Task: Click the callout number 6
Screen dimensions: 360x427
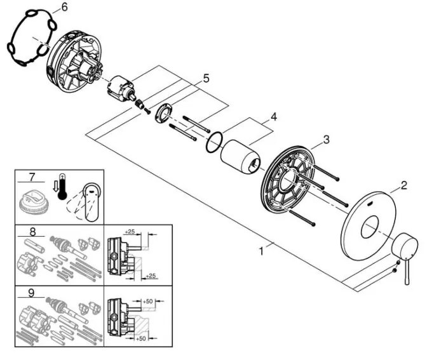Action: [63, 8]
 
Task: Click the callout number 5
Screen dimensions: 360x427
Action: [205, 79]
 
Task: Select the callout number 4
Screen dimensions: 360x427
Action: [273, 117]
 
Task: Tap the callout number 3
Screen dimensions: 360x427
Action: [325, 139]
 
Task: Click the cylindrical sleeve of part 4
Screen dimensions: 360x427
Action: [240, 156]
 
